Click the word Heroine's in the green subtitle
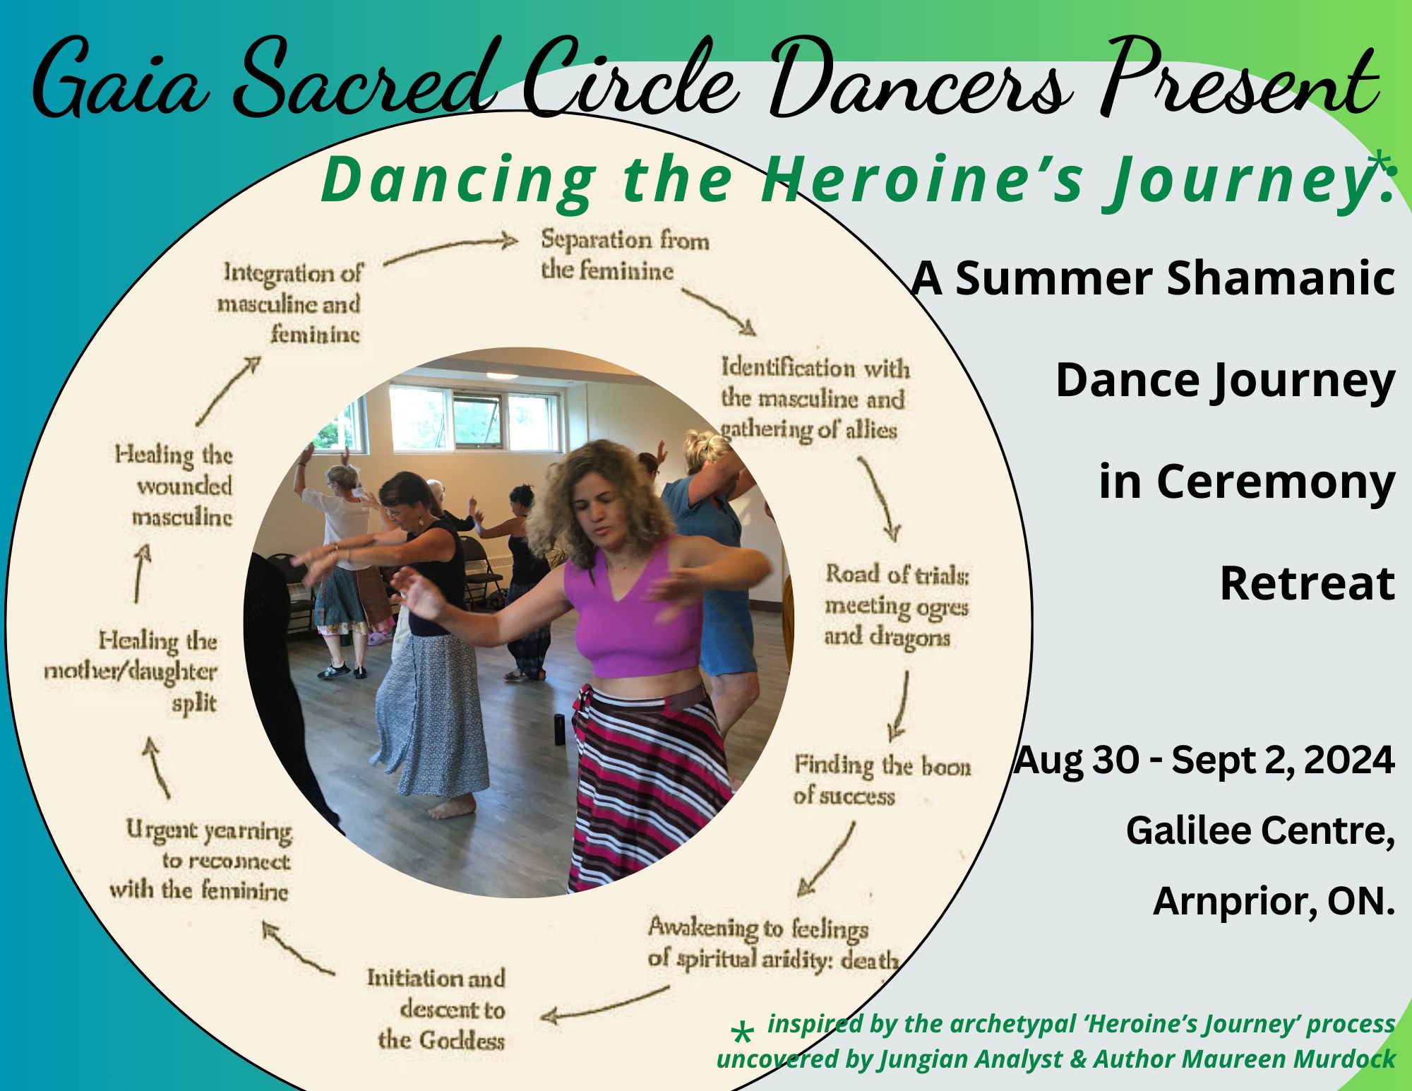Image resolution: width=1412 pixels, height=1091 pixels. coord(921,181)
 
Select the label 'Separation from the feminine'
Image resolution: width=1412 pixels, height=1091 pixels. coord(625,255)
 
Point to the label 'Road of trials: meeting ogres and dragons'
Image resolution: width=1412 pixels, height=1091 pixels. coord(897,606)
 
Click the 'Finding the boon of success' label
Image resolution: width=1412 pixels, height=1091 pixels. coord(882,780)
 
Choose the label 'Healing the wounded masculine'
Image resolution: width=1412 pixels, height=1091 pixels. coord(174,486)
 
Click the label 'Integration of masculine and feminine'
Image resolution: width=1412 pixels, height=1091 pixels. coord(289,303)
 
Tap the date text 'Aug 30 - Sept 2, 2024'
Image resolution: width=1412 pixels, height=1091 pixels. coord(1204,761)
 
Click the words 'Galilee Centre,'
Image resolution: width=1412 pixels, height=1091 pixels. coord(1260,830)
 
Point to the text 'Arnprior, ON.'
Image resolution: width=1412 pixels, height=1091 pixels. coord(1274,901)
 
